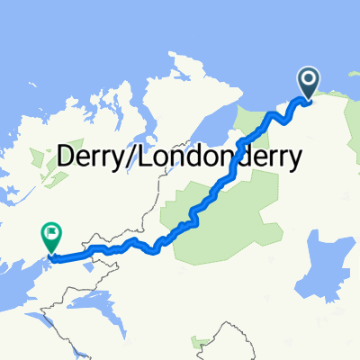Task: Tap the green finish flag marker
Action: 50,237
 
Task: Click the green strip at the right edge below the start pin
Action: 353,135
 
